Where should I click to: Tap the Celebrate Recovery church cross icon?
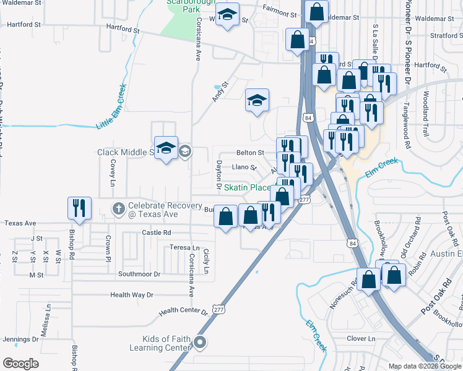coord(118,208)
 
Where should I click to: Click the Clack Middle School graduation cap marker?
coord(166,148)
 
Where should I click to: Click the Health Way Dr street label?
coord(131,295)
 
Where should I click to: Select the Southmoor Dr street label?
coord(139,273)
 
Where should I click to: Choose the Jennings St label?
coord(20,339)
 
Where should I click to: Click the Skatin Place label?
coord(247,187)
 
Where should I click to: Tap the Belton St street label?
coord(250,152)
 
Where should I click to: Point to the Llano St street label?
coord(243,167)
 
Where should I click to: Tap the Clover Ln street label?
coord(361,338)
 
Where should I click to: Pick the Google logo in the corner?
coord(20,364)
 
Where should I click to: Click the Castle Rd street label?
coord(156,232)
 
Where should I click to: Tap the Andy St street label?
coord(220,92)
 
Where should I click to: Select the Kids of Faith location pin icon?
coord(200,341)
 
